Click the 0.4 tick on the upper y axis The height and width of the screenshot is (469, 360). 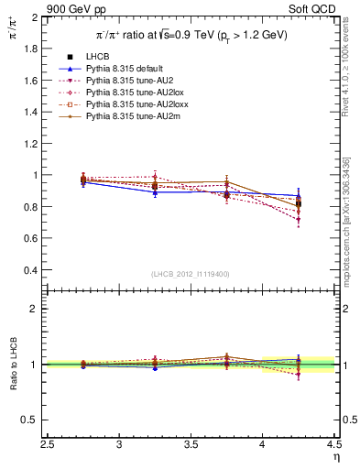click(31, 270)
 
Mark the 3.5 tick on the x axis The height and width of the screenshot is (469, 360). click(191, 446)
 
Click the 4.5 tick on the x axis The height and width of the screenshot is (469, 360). click(333, 446)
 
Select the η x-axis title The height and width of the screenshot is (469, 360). click(334, 457)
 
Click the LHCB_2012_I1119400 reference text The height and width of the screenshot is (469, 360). click(190, 274)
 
